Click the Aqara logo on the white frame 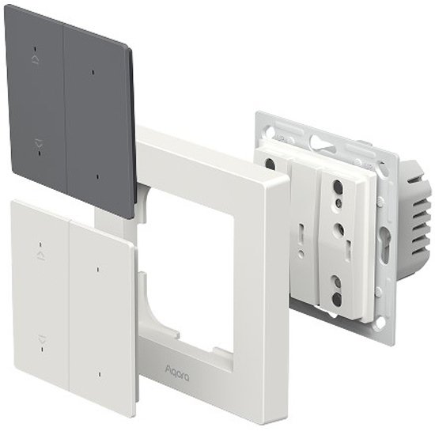point(177,373)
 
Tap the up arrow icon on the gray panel point(36,59)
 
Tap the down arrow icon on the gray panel point(39,144)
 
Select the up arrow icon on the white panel point(42,255)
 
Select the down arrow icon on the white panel point(42,339)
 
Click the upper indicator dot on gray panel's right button point(93,73)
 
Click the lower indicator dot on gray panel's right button point(97,177)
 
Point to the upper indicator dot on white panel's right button point(97,270)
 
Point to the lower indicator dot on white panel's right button point(100,375)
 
